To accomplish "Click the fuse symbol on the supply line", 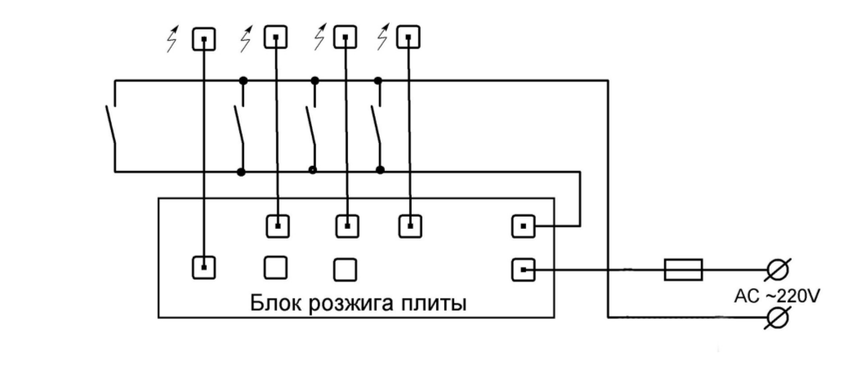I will pyautogui.click(x=683, y=269).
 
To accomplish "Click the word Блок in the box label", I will pyautogui.click(x=274, y=304).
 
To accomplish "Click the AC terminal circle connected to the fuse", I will pyautogui.click(x=777, y=269).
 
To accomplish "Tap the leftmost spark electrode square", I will pyautogui.click(x=203, y=39).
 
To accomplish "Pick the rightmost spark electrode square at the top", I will pyautogui.click(x=408, y=38).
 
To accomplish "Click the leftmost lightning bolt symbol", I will pyautogui.click(x=172, y=39).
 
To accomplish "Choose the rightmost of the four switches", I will pyautogui.click(x=377, y=126).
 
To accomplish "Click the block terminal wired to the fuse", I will pyautogui.click(x=524, y=268).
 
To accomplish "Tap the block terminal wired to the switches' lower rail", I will pyautogui.click(x=524, y=226).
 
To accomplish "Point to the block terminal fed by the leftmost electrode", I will pyautogui.click(x=204, y=266).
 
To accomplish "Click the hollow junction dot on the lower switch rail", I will pyautogui.click(x=313, y=171).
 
